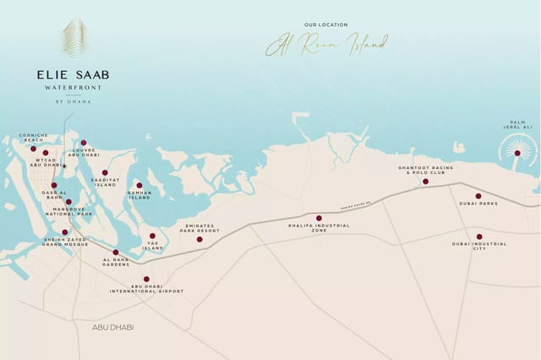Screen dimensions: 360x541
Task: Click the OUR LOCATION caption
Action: tap(325, 25)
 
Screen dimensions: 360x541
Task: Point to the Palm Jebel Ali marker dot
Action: tap(517, 153)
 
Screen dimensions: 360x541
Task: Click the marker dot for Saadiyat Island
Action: tap(105, 172)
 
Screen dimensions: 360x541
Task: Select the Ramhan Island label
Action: tap(139, 195)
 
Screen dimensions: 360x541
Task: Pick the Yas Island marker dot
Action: tap(152, 236)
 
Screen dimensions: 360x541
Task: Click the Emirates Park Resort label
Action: tap(199, 228)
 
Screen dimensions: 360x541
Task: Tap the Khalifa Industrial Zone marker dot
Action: tap(319, 218)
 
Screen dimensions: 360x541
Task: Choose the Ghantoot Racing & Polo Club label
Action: tap(425, 170)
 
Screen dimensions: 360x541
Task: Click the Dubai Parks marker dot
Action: tap(478, 196)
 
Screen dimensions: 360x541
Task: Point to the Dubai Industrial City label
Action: tap(479, 246)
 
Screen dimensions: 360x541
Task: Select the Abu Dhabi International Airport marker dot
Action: tap(146, 279)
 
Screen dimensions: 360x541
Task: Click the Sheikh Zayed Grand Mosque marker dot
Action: tap(65, 232)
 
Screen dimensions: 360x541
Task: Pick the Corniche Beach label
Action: tap(33, 138)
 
